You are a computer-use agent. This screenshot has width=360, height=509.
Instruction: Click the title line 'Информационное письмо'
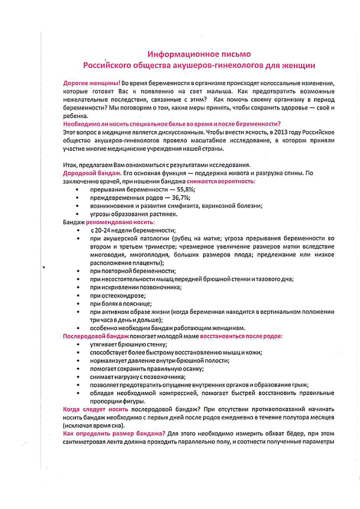199,54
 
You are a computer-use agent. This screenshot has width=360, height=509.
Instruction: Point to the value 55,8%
179,190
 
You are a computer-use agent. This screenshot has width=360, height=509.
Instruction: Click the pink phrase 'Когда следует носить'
96,409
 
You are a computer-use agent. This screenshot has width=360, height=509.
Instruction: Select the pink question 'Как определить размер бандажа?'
114,434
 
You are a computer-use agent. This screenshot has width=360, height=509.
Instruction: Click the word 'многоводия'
109,255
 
